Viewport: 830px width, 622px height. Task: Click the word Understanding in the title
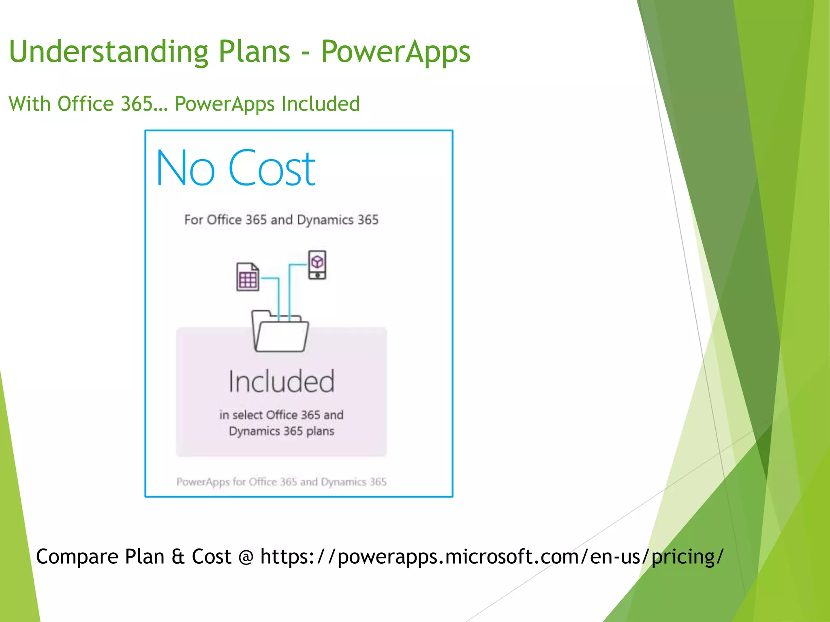click(x=109, y=52)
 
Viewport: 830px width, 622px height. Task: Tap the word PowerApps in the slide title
click(x=396, y=52)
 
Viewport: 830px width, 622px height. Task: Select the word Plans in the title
click(x=255, y=52)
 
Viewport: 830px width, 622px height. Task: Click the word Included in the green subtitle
click(x=321, y=104)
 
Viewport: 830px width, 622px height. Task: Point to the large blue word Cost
click(x=272, y=168)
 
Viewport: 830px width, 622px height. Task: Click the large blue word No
click(x=185, y=168)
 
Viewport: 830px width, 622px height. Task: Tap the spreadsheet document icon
click(x=248, y=277)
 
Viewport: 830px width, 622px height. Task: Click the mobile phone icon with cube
click(x=317, y=265)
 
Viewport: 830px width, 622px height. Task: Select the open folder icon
click(x=280, y=331)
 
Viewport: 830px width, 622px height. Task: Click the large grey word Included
click(x=282, y=381)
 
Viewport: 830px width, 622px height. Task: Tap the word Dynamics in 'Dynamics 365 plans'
click(x=254, y=431)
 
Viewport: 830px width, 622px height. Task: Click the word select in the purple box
click(x=248, y=415)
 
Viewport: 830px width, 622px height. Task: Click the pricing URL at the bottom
click(x=492, y=556)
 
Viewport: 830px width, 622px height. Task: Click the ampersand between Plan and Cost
click(x=178, y=556)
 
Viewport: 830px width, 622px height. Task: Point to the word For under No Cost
click(x=193, y=219)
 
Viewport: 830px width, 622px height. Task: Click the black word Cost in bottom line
click(x=211, y=556)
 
